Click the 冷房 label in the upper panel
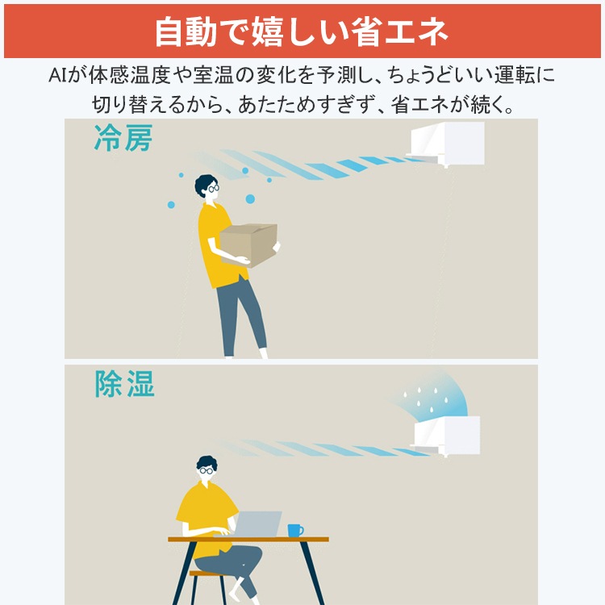tap(123, 139)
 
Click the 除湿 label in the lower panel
tap(124, 385)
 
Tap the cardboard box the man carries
tap(248, 244)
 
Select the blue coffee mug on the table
tap(294, 530)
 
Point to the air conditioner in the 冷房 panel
tap(448, 144)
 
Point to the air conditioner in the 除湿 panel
tap(446, 436)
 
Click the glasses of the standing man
tap(212, 188)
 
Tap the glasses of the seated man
tap(207, 469)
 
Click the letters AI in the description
tap(58, 77)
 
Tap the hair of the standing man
tap(204, 182)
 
